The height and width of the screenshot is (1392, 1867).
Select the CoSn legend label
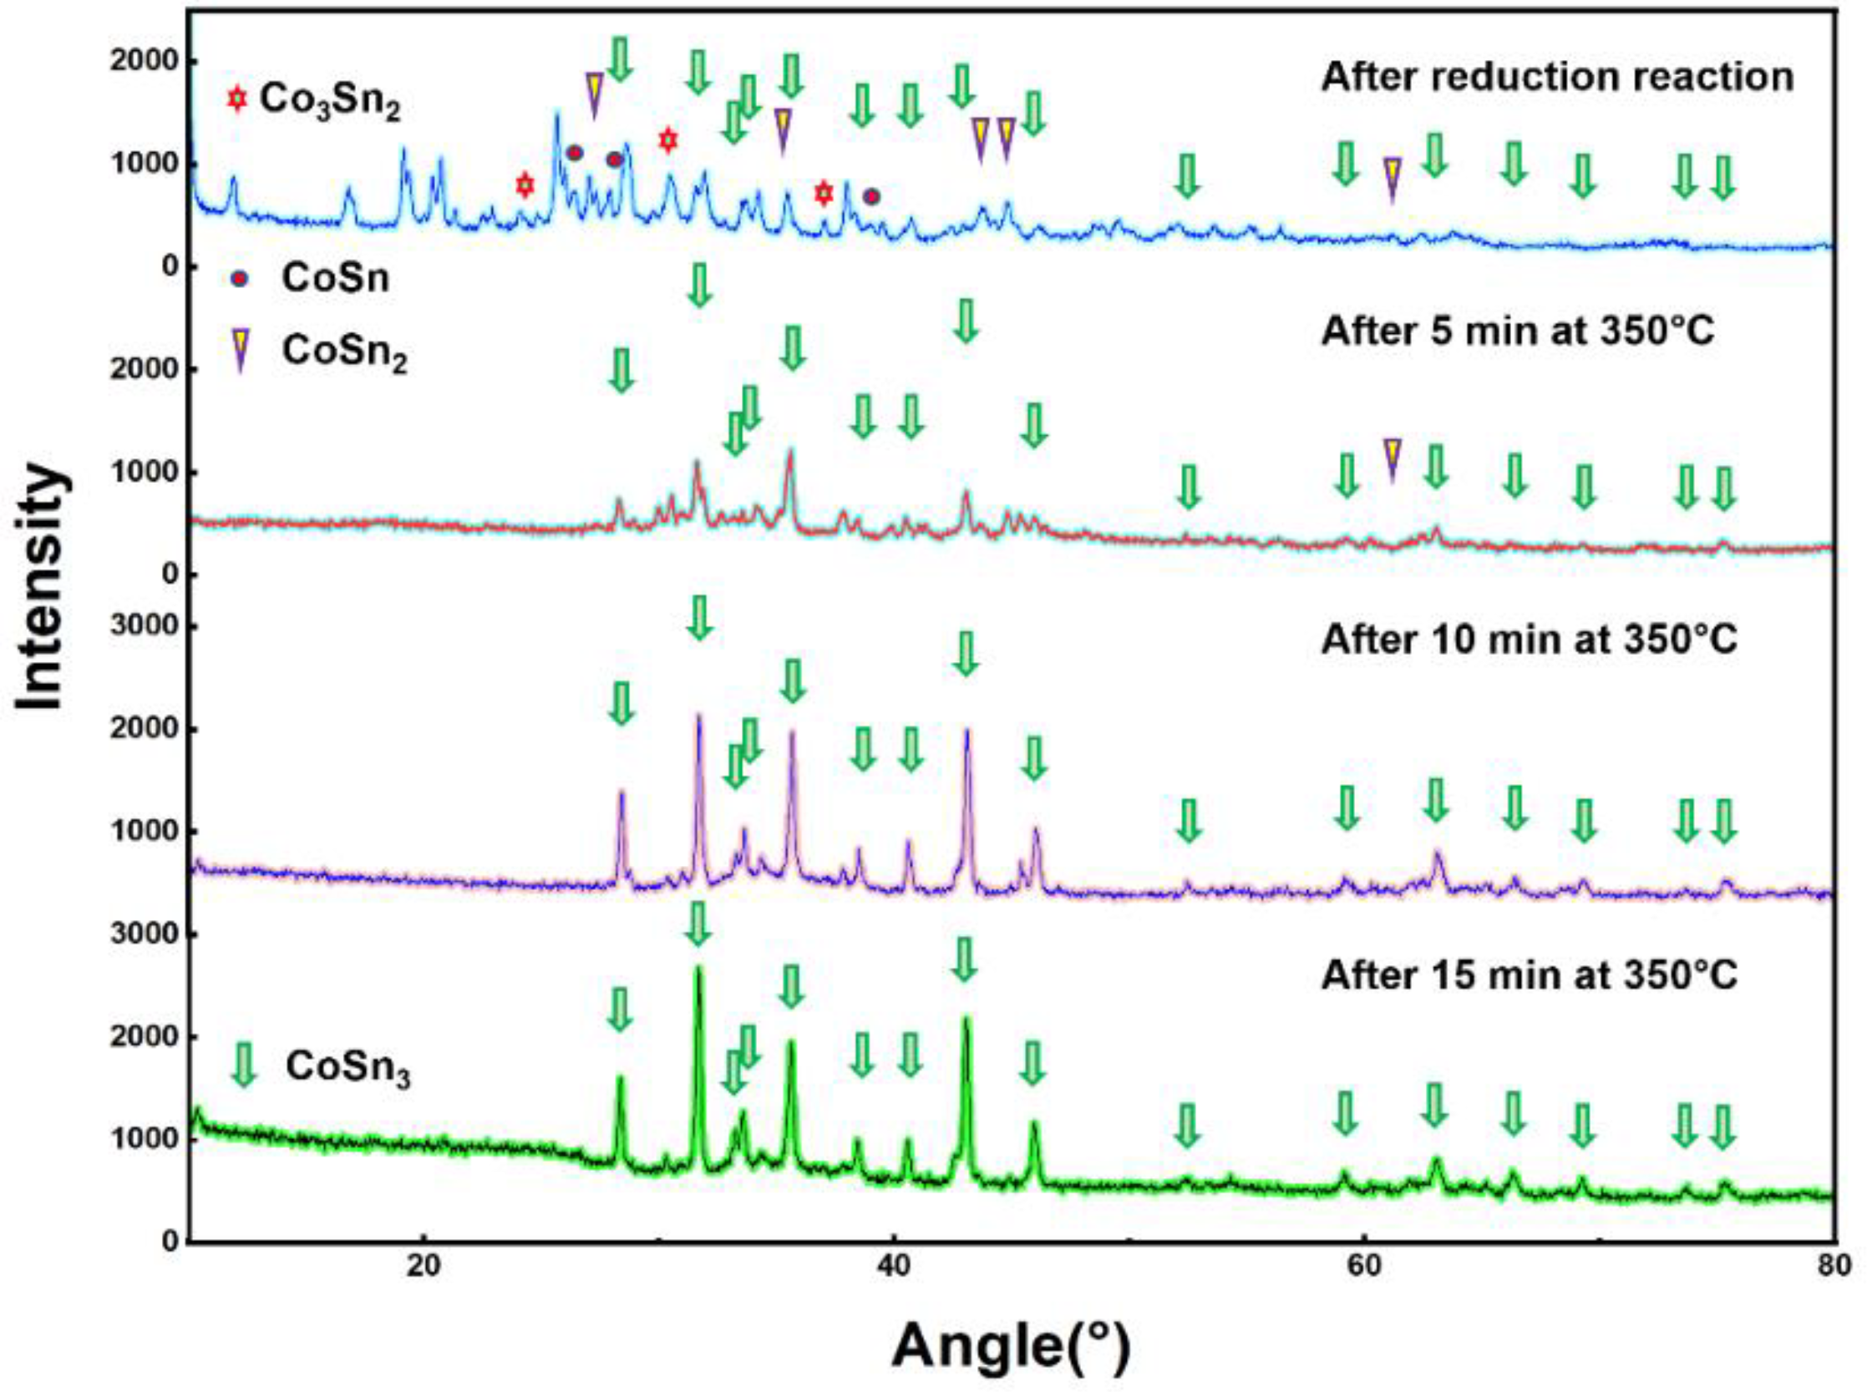point(336,278)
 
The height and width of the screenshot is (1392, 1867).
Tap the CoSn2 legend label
point(345,352)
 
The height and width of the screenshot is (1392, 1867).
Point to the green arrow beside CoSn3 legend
point(243,1065)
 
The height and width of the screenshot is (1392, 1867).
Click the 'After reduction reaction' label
point(1557,77)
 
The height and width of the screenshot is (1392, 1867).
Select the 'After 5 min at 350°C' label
point(1517,332)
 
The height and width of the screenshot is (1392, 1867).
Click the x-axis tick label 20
point(424,1268)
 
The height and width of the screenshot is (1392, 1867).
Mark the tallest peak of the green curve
point(697,969)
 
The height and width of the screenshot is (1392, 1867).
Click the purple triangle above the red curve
point(1392,458)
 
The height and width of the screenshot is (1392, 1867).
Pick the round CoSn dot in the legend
point(240,279)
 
